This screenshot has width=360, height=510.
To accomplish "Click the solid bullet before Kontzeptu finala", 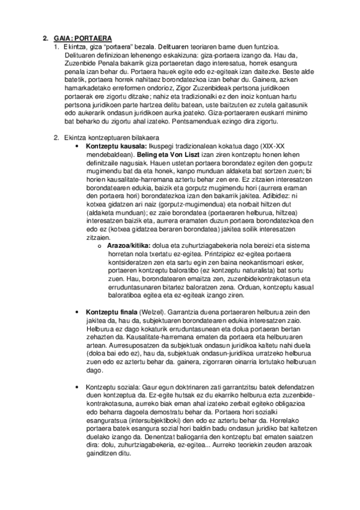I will pyautogui.click(x=75, y=313).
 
